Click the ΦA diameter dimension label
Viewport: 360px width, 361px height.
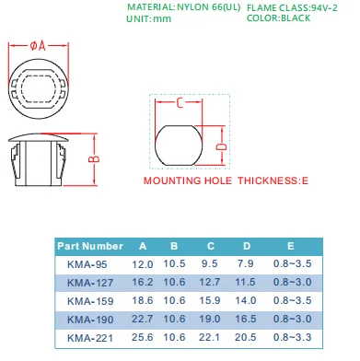38,46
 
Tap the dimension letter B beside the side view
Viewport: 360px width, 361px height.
94,159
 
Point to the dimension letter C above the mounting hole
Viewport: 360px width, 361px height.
180,103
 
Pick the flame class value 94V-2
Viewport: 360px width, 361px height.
324,7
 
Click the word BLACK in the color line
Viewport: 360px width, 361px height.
296,17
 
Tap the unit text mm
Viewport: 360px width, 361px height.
162,19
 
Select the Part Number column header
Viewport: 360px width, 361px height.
90,246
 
